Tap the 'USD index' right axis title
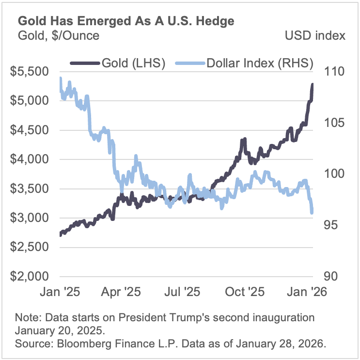(x=315, y=35)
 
